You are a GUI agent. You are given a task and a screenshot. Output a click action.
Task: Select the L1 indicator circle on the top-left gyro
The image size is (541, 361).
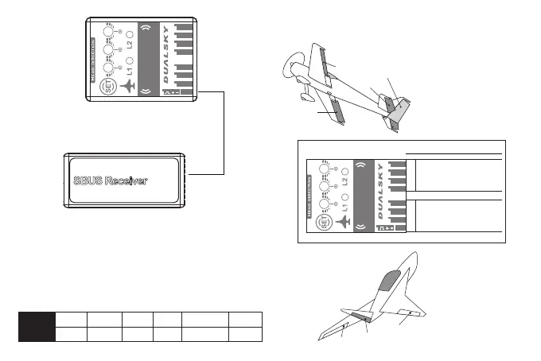pyautogui.click(x=130, y=82)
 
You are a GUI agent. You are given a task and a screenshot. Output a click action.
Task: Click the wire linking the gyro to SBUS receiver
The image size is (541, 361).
pyautogui.click(x=224, y=135)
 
